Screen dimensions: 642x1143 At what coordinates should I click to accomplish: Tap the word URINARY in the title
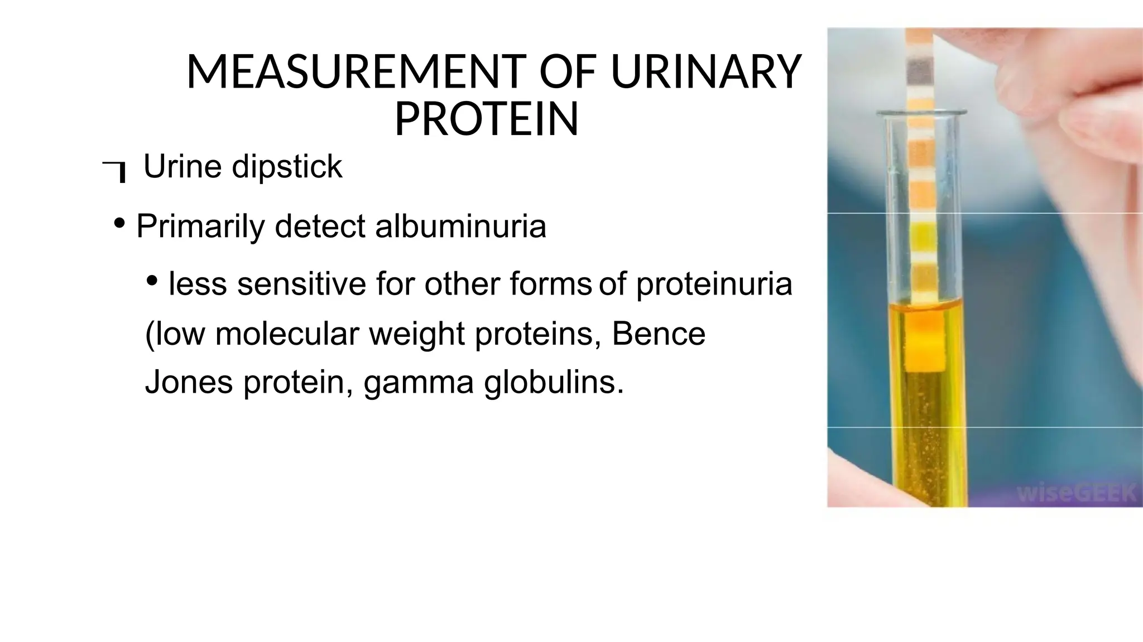[x=706, y=73]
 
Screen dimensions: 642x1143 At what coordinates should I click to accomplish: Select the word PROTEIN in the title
[x=486, y=119]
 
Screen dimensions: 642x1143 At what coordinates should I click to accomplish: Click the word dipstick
[x=287, y=166]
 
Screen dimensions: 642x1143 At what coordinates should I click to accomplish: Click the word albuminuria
[x=460, y=226]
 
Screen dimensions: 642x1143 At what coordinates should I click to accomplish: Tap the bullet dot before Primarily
[x=119, y=224]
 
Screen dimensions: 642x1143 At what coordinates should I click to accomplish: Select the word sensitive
[x=301, y=283]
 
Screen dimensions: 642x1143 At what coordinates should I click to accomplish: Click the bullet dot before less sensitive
[x=151, y=281]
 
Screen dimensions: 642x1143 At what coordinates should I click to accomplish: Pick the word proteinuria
[x=714, y=283]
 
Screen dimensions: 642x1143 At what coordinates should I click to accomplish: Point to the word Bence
[x=659, y=334]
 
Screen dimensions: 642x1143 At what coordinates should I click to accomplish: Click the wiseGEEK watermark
[x=1075, y=493]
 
